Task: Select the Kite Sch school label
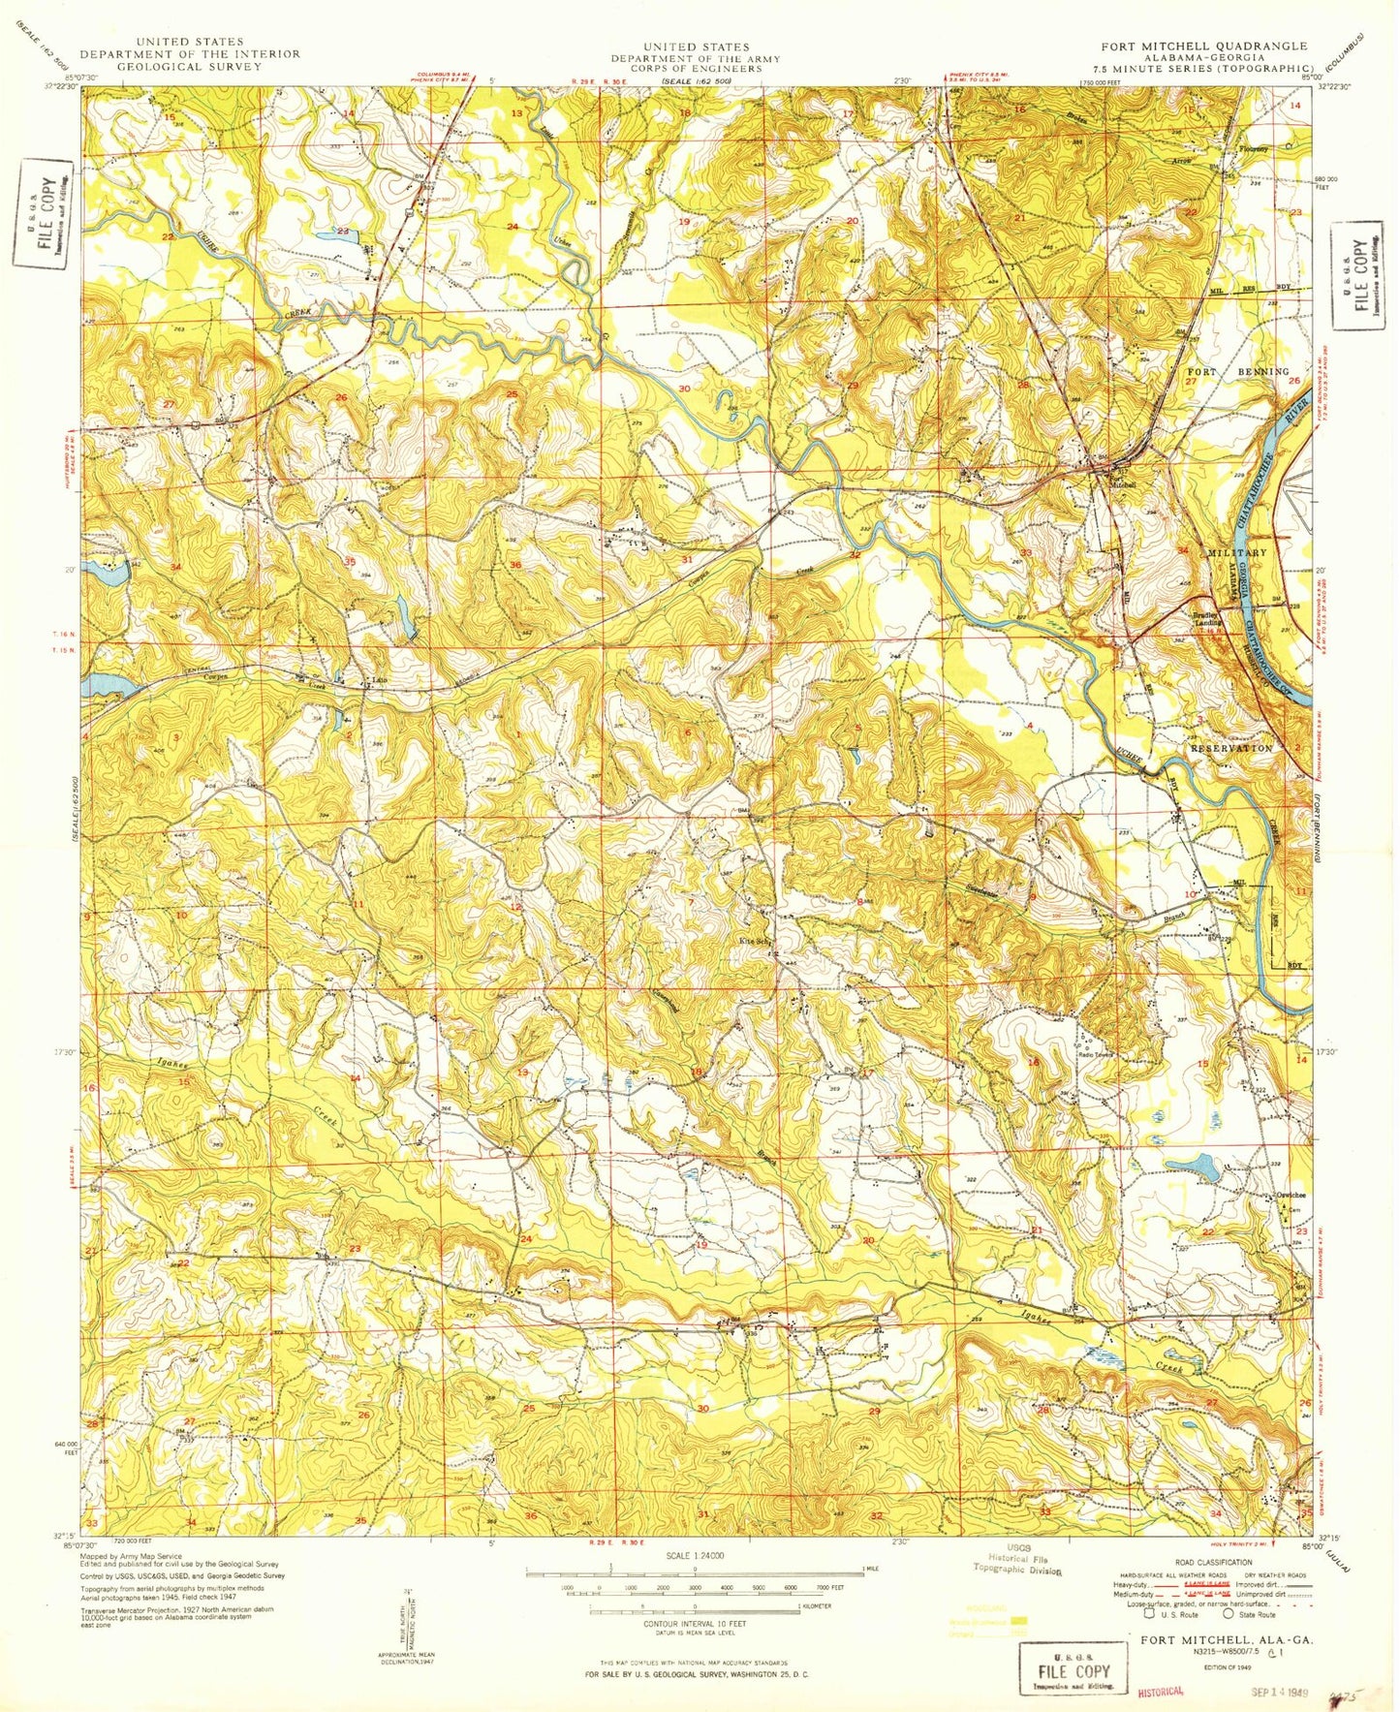[x=755, y=939]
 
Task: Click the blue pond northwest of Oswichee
[x=1195, y=1166]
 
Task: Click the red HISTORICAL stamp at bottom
[x=1160, y=1691]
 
